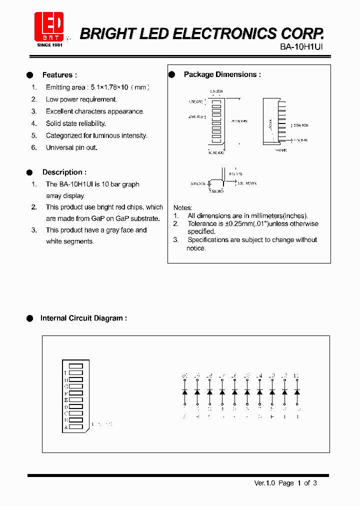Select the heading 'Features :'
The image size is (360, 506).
59,75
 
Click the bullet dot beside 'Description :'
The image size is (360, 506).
29,172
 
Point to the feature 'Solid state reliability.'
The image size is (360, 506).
76,123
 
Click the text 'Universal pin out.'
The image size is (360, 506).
71,147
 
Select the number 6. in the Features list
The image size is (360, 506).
34,147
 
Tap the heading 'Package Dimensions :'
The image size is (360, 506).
222,74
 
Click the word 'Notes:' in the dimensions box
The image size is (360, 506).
183,207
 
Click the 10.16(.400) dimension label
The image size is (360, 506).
216,152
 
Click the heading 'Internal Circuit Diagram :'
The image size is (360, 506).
83,318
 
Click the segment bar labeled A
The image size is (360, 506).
75,427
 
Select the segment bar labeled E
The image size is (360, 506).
75,400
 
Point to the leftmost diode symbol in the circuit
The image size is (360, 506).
184,392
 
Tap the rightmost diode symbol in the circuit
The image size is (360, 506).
297,392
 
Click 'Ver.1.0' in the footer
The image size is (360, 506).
264,483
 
